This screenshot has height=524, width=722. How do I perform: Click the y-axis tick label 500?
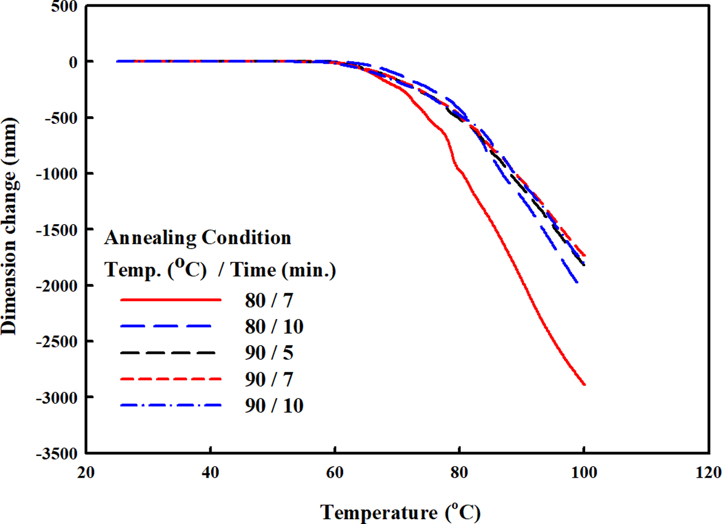point(64,7)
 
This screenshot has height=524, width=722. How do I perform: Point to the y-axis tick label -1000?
point(57,174)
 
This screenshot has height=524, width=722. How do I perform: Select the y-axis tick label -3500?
point(57,454)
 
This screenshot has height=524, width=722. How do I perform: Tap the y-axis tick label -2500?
point(57,342)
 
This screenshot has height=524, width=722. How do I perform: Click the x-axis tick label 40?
point(210,473)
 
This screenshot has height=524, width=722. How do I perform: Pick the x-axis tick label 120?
point(708,473)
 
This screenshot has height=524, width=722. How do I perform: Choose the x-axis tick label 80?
point(459,473)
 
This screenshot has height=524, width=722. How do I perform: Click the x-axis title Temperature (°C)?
point(400,513)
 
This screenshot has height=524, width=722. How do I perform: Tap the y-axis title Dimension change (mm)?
point(9,226)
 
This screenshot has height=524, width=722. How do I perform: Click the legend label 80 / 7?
point(269,300)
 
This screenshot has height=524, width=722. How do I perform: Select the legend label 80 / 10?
point(274,327)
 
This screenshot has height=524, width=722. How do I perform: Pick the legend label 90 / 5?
point(269,353)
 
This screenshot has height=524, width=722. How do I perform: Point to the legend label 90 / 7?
point(269,380)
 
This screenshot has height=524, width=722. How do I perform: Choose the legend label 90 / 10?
point(274,406)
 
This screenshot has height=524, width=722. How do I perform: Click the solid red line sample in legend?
point(171,300)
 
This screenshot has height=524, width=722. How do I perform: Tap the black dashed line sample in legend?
point(168,353)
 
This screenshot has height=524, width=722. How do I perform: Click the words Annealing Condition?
point(197,238)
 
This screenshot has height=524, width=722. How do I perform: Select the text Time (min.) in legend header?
point(283,270)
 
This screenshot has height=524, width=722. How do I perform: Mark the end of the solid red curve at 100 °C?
point(585,384)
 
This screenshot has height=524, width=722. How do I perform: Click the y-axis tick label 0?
point(73,63)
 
